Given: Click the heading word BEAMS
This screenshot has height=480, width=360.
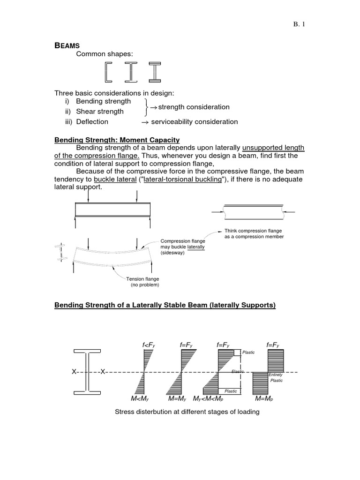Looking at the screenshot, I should [x=67, y=45].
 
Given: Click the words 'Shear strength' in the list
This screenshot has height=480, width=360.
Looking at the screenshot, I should [x=100, y=112].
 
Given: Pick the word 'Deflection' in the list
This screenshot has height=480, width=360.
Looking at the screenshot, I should [x=92, y=121].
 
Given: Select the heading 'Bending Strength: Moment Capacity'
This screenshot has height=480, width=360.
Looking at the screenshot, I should [x=117, y=140].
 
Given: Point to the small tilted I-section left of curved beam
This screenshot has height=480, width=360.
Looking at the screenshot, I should [x=60, y=252].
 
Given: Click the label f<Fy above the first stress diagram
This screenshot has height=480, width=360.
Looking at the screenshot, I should [x=149, y=345].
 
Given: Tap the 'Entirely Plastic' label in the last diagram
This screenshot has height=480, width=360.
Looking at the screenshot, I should [x=276, y=377].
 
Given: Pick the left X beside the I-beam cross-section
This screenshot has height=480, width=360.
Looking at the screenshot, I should [x=74, y=372].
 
